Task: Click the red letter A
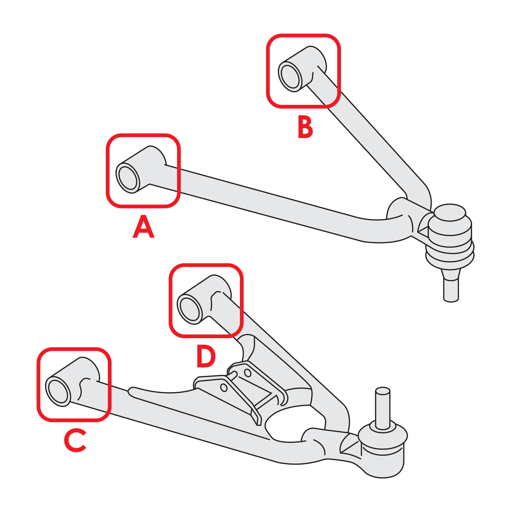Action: pos(143,227)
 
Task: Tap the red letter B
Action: pos(305,127)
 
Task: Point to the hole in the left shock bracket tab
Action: pos(224,388)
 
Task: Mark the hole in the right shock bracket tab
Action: pos(247,372)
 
